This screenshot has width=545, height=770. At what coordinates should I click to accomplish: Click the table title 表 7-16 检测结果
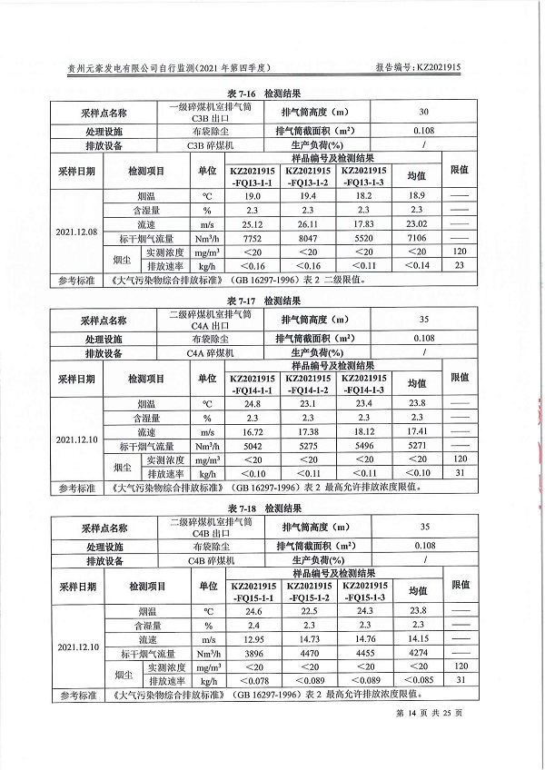click(263, 94)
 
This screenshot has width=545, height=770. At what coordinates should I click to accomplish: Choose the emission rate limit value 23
click(460, 264)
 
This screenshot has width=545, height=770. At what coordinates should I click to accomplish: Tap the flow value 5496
click(364, 446)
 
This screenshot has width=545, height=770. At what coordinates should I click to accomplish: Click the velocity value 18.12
click(364, 431)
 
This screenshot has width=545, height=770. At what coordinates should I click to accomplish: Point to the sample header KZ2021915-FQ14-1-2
click(309, 383)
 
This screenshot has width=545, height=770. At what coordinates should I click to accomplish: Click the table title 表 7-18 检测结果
click(263, 509)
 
